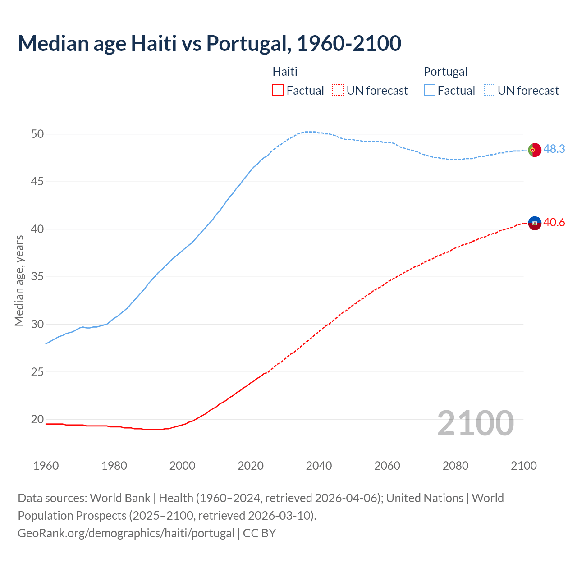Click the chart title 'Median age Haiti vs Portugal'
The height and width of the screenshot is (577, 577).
click(x=209, y=43)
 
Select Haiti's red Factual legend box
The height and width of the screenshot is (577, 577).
click(x=278, y=91)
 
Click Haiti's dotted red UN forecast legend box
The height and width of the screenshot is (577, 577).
click(x=338, y=91)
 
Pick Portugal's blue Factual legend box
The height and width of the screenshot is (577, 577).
click(x=430, y=91)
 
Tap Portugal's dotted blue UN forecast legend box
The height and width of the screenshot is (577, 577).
click(x=490, y=91)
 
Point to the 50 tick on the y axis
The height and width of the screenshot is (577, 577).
click(x=37, y=134)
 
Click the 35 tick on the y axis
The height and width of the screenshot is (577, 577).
click(x=37, y=277)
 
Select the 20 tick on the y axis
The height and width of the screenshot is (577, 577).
click(x=37, y=420)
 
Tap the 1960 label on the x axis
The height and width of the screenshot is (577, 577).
click(x=46, y=466)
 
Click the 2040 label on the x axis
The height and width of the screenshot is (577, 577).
click(x=319, y=466)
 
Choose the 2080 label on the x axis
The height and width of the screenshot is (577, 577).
click(x=455, y=466)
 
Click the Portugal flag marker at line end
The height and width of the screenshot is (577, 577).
click(x=534, y=150)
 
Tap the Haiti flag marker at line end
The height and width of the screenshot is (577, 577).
click(x=534, y=223)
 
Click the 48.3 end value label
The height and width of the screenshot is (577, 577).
click(x=554, y=149)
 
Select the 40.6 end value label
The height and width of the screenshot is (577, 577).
click(x=554, y=222)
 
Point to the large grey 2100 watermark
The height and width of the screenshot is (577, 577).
click(x=475, y=423)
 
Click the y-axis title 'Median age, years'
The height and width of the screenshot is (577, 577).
click(x=19, y=280)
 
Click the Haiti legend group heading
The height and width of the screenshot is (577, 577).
click(x=285, y=72)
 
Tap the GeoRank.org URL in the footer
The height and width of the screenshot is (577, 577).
click(x=126, y=533)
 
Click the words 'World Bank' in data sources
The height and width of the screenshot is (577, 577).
click(x=120, y=498)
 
